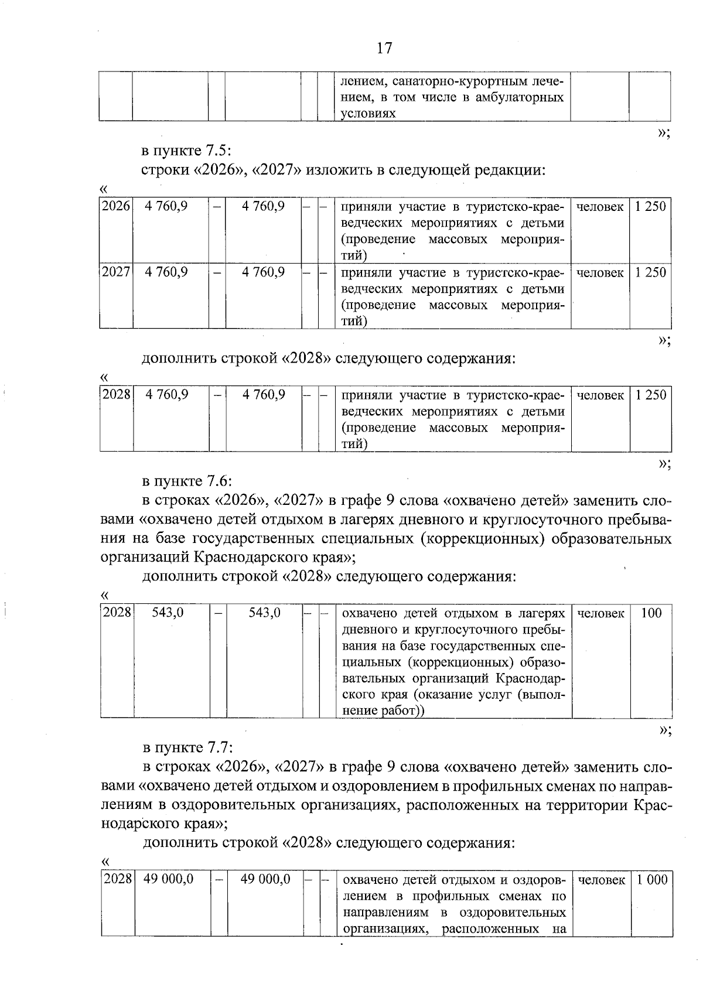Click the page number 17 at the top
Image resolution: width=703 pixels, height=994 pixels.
tap(384, 48)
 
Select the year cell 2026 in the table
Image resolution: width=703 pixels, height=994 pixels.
tap(115, 207)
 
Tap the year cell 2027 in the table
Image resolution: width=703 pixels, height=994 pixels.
tap(115, 272)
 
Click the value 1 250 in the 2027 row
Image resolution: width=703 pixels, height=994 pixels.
tap(651, 272)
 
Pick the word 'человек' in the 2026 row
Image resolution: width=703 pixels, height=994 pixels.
tap(599, 207)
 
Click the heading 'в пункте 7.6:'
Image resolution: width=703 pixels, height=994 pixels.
tap(187, 481)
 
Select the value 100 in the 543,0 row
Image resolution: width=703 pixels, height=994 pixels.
tap(651, 613)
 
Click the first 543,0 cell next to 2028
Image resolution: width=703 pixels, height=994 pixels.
tap(168, 613)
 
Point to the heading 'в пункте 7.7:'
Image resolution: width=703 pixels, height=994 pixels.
tap(187, 748)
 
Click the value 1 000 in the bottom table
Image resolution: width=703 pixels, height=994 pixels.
tap(652, 880)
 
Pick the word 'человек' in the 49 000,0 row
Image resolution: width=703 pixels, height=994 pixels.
tap(600, 880)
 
